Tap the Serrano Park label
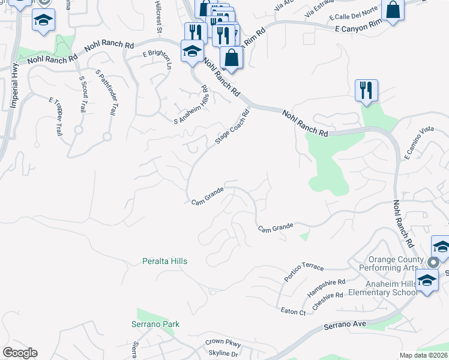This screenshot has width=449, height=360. click(155, 325)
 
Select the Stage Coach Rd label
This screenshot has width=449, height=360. click(232, 127)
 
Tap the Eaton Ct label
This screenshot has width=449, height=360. click(294, 311)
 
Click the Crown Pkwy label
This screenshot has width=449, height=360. click(223, 342)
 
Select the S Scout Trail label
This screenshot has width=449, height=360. click(83, 94)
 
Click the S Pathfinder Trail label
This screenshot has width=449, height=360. click(106, 92)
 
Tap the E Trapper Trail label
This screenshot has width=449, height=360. click(55, 116)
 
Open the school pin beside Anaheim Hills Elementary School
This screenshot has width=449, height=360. click(427, 281)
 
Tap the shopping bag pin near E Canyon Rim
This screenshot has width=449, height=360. click(394, 11)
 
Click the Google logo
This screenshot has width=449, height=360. click(20, 353)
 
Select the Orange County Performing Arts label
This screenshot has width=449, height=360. click(388, 263)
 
